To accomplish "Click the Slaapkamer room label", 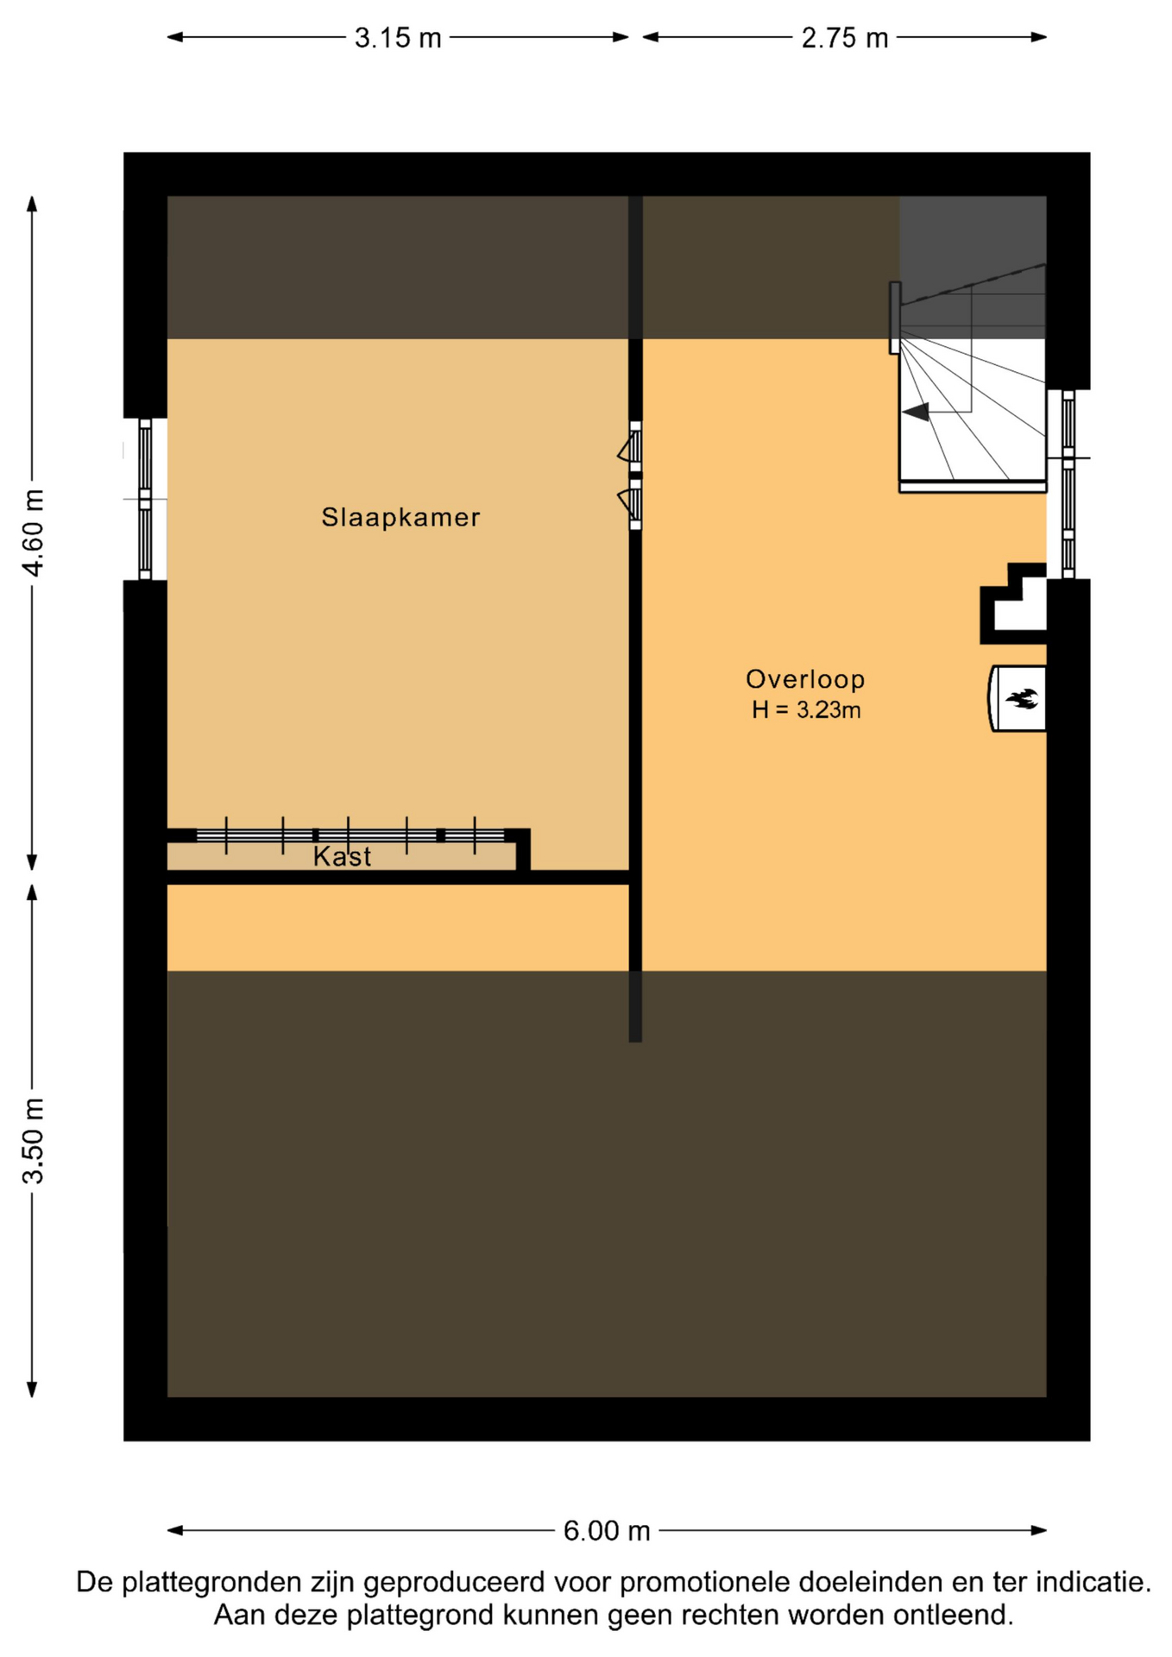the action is tap(400, 517).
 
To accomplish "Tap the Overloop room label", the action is tap(805, 679).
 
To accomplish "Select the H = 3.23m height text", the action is tap(806, 710).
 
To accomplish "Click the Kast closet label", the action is tap(342, 856).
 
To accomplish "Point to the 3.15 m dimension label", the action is tap(398, 38).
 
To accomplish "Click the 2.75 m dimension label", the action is tap(845, 38).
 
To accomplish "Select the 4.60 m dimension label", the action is tap(33, 532).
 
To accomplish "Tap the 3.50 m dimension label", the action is tap(33, 1141).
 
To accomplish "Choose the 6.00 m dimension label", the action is tap(607, 1531).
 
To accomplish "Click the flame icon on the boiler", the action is tap(1024, 698).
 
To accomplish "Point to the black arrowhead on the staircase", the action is tap(916, 412).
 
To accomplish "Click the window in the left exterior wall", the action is tap(145, 499).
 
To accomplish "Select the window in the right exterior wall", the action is tap(1068, 483).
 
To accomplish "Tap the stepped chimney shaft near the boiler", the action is tap(1013, 603).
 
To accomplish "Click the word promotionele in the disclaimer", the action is tap(704, 1583).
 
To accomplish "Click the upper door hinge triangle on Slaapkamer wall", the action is tap(625, 450).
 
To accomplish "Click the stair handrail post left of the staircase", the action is tap(895, 318).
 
